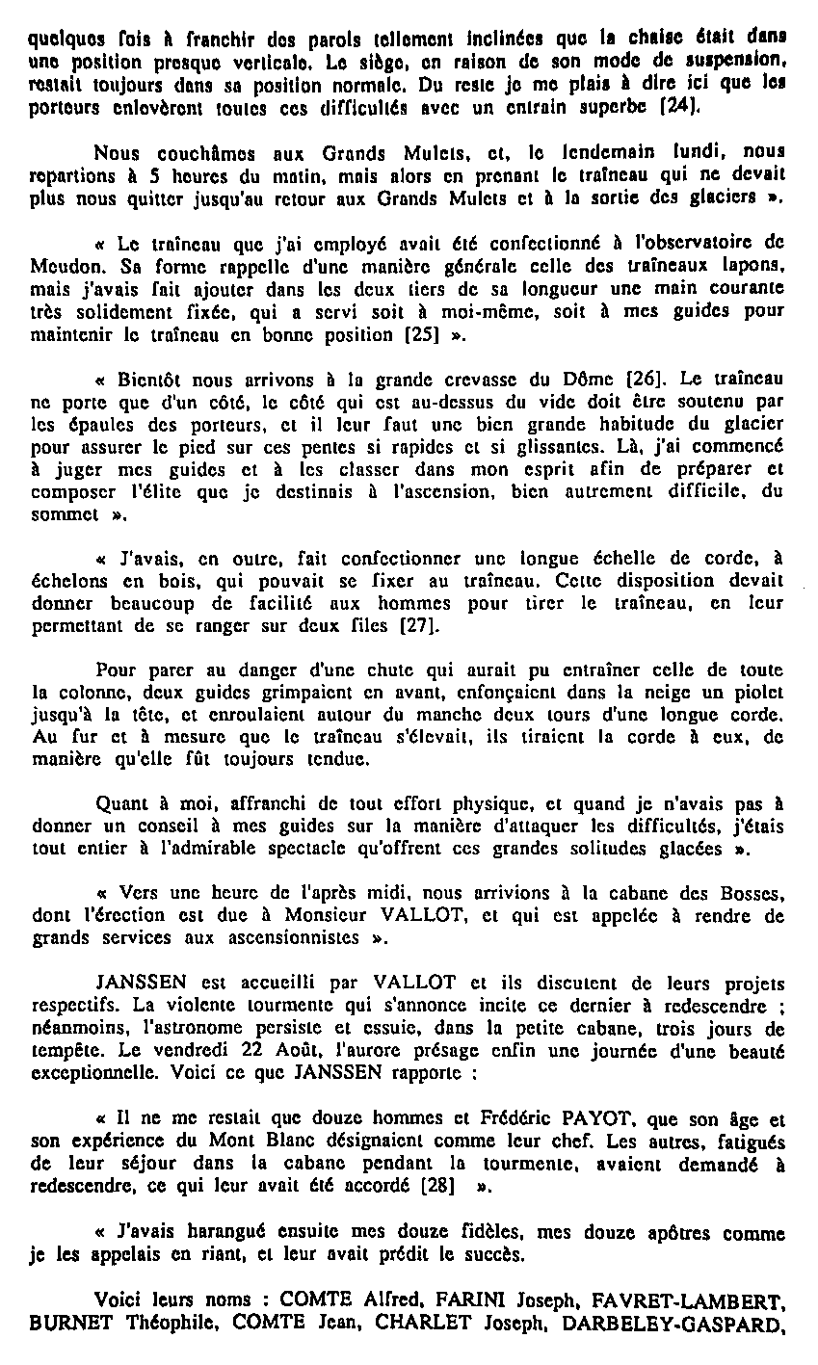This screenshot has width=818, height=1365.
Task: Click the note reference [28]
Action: click(438, 1186)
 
